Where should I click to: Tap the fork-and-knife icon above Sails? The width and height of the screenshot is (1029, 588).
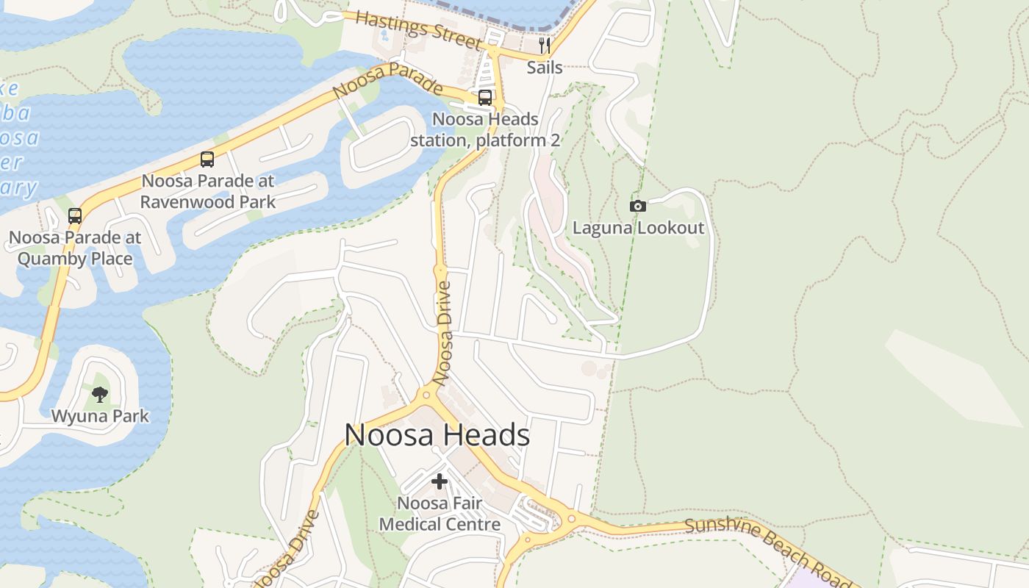545,46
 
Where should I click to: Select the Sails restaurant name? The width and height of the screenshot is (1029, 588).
545,68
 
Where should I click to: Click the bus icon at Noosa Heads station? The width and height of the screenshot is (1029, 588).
485,97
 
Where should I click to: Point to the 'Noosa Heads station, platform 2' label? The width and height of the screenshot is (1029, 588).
485,129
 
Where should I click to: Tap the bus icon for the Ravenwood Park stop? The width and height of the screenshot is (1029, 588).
207,159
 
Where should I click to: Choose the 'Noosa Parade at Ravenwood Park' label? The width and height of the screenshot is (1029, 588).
208,191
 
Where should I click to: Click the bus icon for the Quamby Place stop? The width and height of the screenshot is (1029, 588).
75,216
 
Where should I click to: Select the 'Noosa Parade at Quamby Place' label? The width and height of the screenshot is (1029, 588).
75,248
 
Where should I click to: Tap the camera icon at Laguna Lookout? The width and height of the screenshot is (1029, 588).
638,207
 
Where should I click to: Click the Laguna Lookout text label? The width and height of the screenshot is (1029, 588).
638,228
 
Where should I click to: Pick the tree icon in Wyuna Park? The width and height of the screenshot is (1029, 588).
100,395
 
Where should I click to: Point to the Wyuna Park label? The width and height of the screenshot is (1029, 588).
100,416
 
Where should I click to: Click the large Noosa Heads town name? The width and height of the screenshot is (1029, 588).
437,435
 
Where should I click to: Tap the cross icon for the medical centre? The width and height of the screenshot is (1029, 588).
440,481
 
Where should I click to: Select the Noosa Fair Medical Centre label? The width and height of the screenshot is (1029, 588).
440,514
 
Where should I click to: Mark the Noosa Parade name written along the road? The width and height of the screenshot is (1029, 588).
388,81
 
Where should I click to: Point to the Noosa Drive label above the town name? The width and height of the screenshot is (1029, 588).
443,333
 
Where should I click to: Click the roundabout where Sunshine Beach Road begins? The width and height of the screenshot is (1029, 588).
571,520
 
